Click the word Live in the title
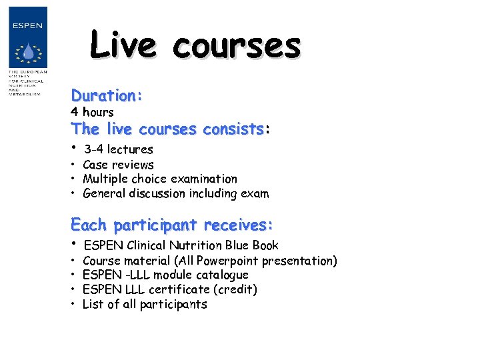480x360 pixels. (123, 45)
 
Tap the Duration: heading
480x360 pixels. (107, 95)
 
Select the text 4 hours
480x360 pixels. (92, 112)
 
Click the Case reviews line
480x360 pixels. (118, 165)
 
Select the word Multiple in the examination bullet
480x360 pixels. (105, 179)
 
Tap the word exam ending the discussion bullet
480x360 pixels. (255, 194)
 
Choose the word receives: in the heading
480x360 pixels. (239, 224)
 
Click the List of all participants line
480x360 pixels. (145, 304)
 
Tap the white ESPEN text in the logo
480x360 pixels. (27, 26)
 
